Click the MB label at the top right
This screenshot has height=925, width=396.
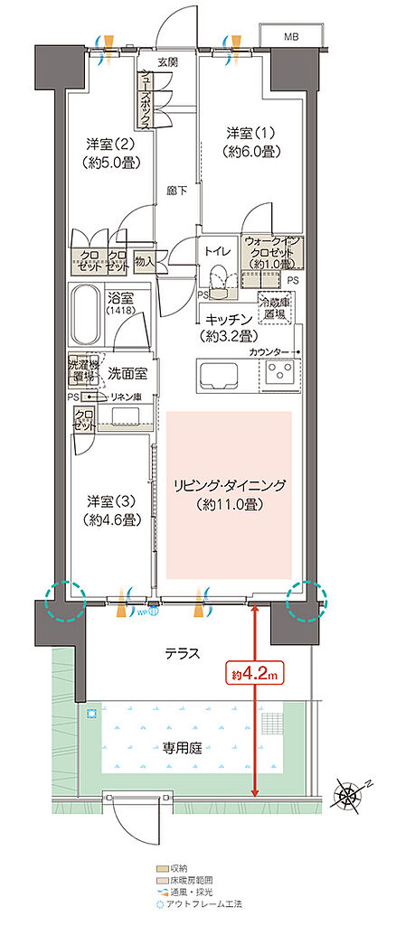290,37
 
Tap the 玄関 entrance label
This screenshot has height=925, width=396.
167,62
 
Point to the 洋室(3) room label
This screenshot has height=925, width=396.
111,510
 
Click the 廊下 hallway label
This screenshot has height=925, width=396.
176,192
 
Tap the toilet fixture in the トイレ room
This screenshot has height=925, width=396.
220,277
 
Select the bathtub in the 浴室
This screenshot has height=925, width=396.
89,312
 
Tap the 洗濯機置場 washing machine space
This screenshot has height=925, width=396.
83,369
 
